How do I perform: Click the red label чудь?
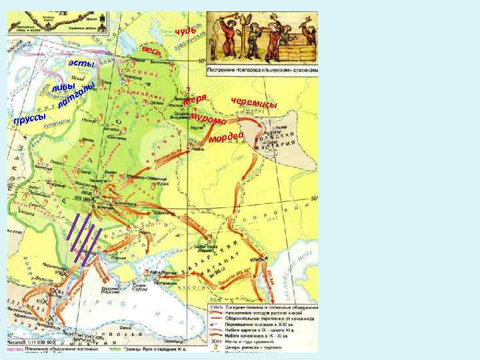(x=185, y=30)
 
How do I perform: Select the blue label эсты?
(x=82, y=63)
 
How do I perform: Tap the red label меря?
(x=197, y=101)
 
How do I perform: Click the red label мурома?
(x=211, y=119)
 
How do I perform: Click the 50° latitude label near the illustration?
(x=202, y=61)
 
